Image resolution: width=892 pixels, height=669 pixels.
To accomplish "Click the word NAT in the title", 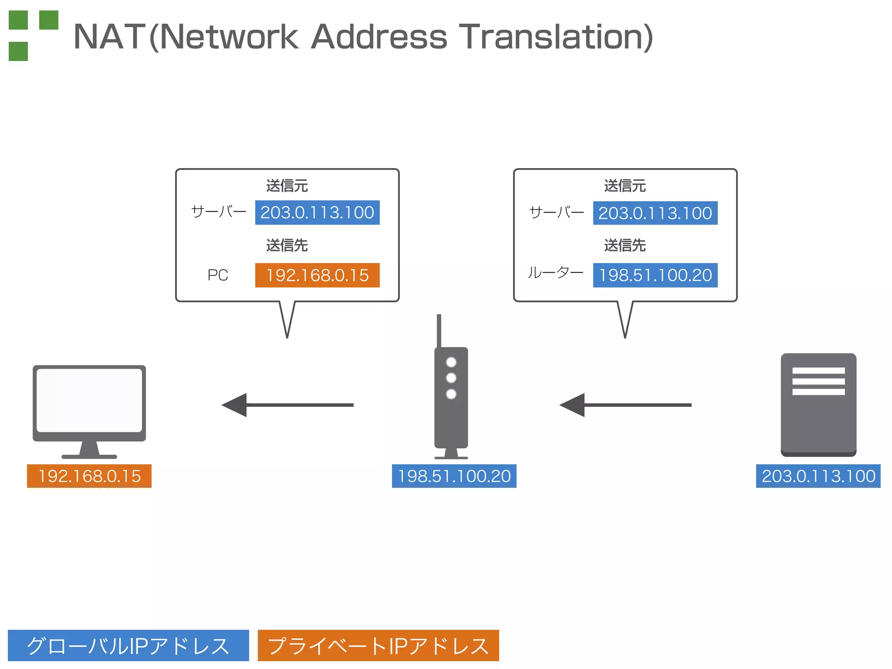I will coord(109,37).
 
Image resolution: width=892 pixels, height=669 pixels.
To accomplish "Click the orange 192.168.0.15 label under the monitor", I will coord(89,476).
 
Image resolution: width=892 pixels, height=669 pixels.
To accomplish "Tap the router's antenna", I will coord(439,330).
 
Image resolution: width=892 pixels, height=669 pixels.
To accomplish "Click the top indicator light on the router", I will coord(451,362).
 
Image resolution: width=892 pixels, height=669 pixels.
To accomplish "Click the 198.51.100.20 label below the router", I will coord(454,476).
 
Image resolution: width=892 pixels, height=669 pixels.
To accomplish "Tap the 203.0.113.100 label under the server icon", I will coord(818,476).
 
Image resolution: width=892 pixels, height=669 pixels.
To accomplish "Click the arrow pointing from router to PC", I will coord(287,405).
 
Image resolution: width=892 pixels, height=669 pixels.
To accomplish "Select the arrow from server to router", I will coord(625,405).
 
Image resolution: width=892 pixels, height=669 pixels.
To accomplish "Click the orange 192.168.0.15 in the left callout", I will coord(317,275).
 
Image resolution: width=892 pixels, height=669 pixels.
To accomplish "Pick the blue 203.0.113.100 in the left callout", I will coord(317,213).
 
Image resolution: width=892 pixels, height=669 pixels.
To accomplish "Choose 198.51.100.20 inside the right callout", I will coord(655,275).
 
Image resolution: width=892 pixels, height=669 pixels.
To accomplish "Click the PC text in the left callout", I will coord(218,275).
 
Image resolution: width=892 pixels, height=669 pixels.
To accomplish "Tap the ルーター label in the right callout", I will coord(555,273).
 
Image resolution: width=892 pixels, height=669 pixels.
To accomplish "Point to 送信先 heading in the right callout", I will coord(625,245).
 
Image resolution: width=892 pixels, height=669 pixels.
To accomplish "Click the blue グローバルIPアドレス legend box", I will coord(128,645).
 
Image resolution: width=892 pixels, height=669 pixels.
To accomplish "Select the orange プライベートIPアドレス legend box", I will coord(378,645).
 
